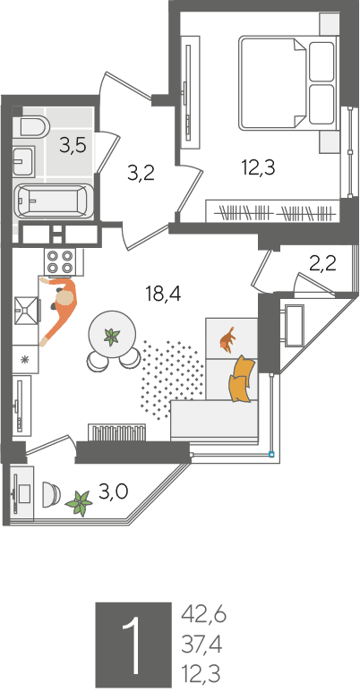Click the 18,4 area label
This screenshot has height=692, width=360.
(x=164, y=293)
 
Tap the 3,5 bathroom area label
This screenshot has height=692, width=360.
(x=73, y=145)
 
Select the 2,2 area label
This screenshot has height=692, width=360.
(x=322, y=264)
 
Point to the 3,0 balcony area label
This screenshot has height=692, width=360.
(x=113, y=491)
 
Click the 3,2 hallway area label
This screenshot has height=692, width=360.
(x=141, y=174)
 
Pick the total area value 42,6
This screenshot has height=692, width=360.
(x=203, y=615)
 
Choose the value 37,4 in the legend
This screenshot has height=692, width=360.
(x=201, y=645)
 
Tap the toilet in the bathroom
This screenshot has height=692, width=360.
(x=33, y=126)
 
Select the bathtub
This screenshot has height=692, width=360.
(x=54, y=201)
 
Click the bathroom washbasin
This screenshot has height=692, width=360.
(x=22, y=161)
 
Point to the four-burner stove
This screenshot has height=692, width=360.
(x=60, y=261)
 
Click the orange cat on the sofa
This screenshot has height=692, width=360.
(x=228, y=339)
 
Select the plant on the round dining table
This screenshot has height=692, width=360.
(x=111, y=337)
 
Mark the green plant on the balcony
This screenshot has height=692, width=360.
(x=79, y=503)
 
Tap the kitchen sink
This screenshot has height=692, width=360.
(x=27, y=310)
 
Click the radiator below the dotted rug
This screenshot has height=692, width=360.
(x=116, y=432)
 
